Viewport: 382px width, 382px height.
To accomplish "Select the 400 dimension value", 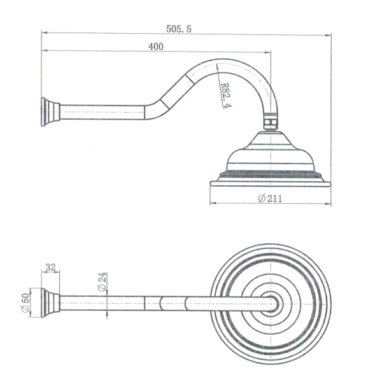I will click(x=155, y=46).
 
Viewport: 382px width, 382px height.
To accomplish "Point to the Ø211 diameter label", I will click(x=271, y=198).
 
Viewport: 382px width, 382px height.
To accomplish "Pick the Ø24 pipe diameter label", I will click(x=103, y=282).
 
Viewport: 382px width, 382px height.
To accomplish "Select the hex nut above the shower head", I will click(x=271, y=120).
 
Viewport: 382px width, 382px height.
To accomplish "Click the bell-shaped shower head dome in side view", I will click(x=271, y=153).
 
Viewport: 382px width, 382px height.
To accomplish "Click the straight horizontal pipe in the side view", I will click(x=102, y=112).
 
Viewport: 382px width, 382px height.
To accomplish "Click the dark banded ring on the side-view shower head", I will click(x=271, y=174).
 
